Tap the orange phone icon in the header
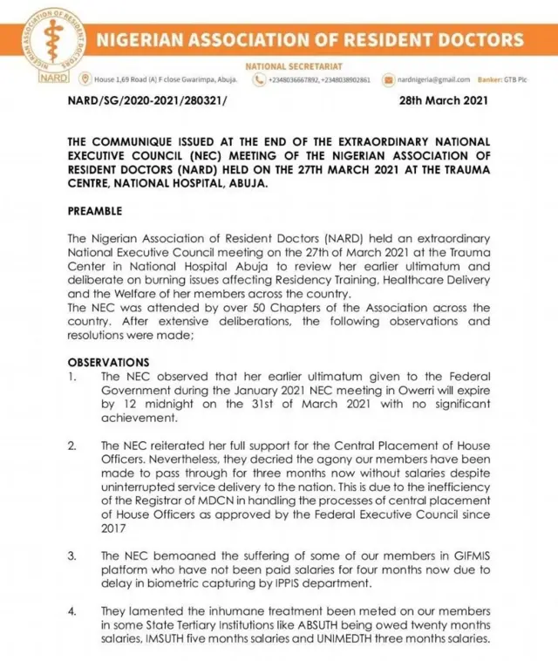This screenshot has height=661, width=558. pyautogui.click(x=258, y=79)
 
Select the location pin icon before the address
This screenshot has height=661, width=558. pyautogui.click(x=85, y=79)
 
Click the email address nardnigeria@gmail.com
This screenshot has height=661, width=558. pyautogui.click(x=433, y=79)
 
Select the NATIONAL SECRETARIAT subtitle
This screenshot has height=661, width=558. pyautogui.click(x=294, y=66)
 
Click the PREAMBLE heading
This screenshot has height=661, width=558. pyautogui.click(x=95, y=211)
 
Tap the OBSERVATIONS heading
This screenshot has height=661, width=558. pyautogui.click(x=108, y=362)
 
